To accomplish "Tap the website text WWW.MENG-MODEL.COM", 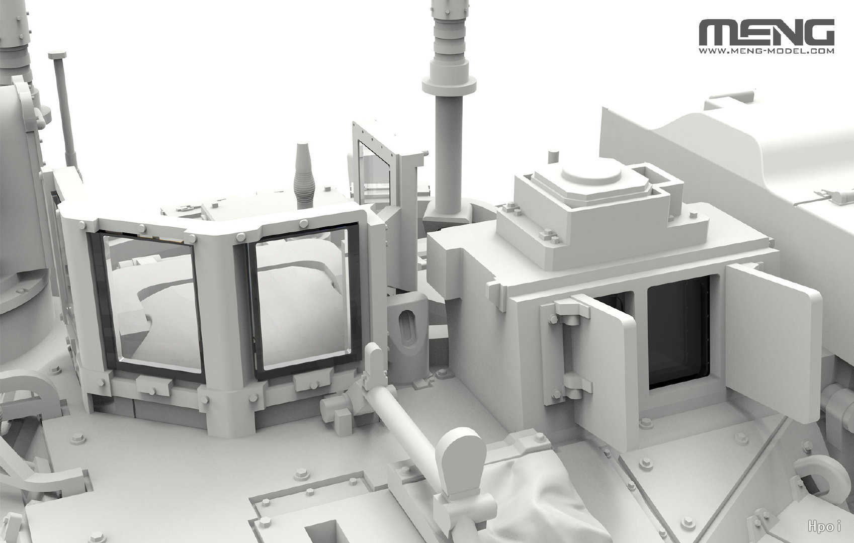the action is (x=766, y=51).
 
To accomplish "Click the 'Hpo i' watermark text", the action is (x=824, y=527).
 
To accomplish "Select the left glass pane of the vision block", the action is (x=152, y=303).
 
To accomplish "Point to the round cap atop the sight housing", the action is (x=591, y=172).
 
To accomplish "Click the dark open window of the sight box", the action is (x=678, y=331).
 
